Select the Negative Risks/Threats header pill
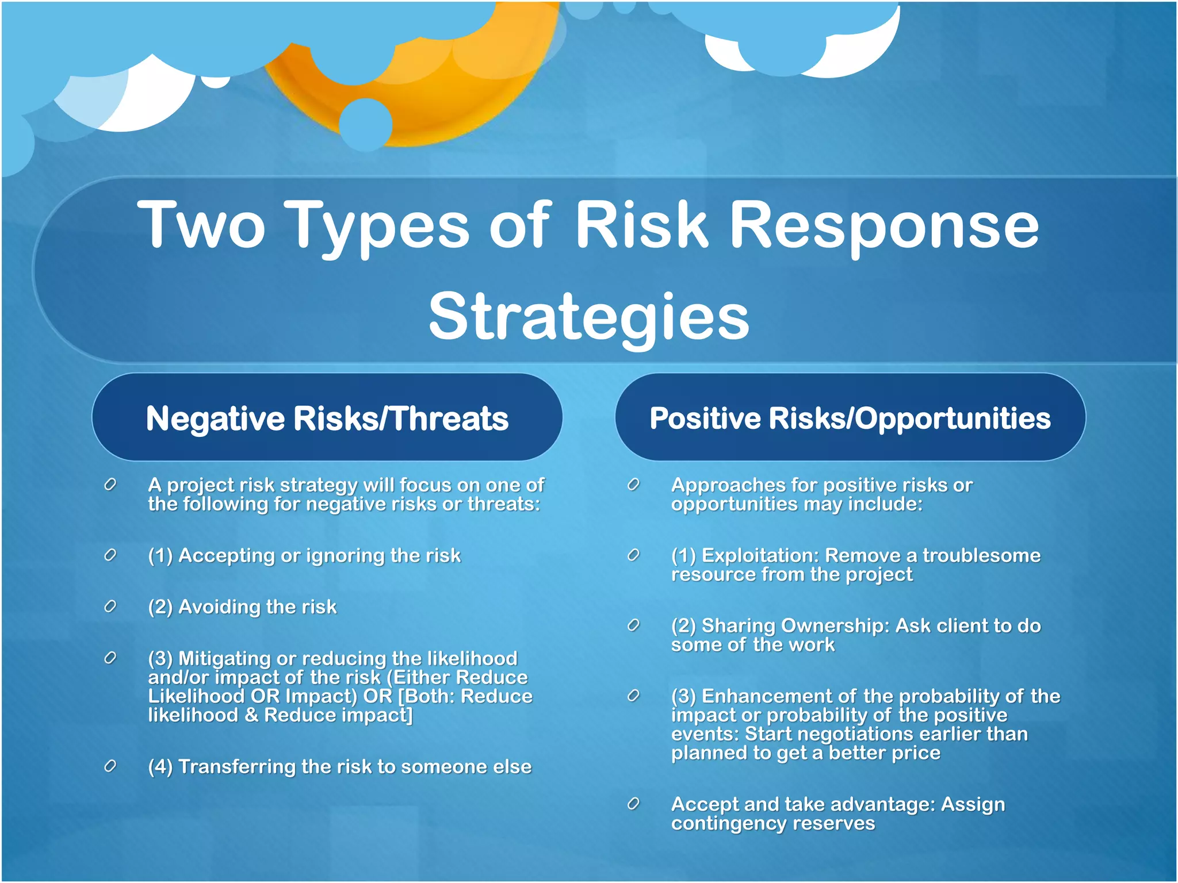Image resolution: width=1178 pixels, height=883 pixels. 327,418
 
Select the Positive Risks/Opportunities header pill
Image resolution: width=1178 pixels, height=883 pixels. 850,418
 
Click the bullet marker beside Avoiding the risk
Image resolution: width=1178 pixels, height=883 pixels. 110,606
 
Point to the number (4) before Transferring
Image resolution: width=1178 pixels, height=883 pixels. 160,767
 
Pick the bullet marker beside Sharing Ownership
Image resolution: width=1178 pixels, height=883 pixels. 633,625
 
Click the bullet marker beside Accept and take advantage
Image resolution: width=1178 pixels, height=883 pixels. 633,804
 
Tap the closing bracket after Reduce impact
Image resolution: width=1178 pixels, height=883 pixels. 410,715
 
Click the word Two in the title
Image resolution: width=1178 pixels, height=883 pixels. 201,225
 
